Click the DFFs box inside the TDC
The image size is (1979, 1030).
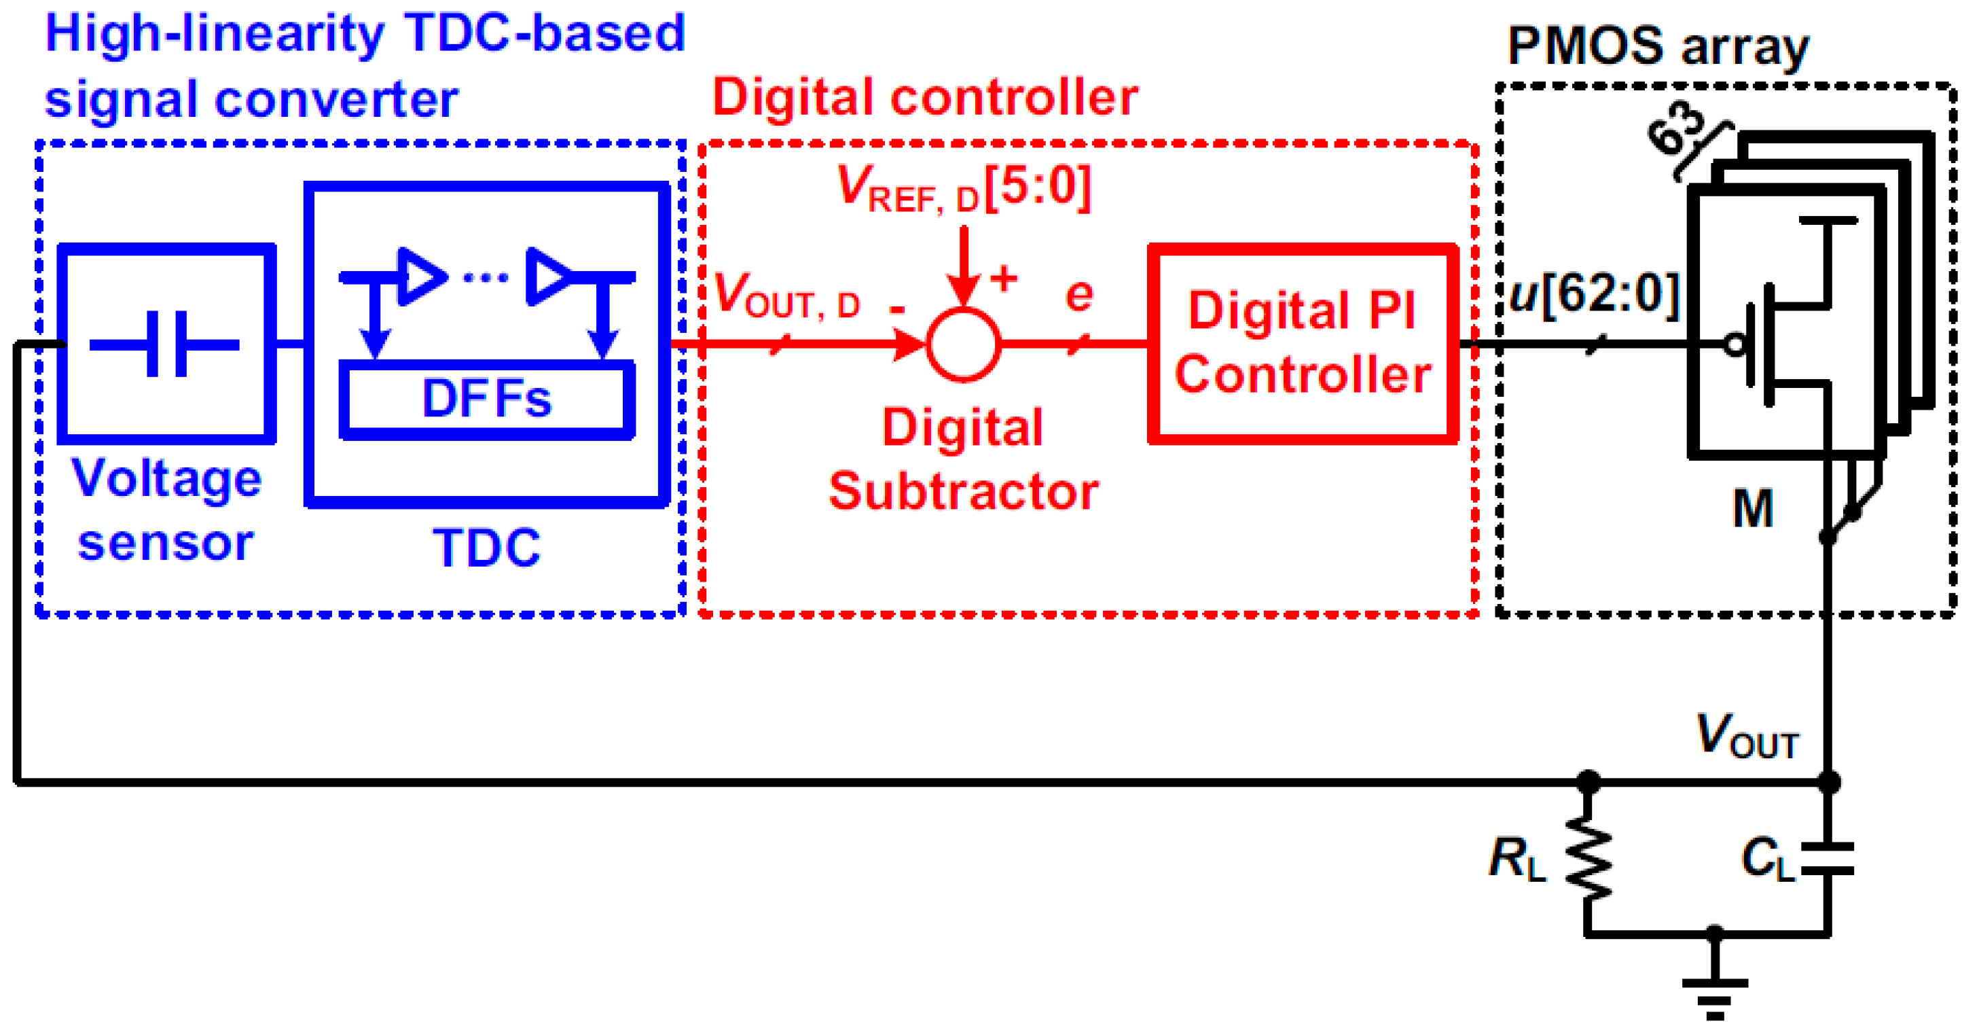pos(486,398)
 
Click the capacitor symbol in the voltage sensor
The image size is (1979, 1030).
pos(166,344)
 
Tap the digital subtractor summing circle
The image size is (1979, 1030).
pos(964,344)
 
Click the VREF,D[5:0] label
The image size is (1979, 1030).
pos(964,188)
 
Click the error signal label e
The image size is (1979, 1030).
pos(1078,295)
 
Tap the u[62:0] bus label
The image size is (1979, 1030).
pos(1594,294)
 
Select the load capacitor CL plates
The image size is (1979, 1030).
pos(1828,859)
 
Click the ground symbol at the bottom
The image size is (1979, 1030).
pos(1715,996)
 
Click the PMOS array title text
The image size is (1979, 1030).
pos(1658,46)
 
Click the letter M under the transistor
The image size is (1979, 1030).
pos(1752,509)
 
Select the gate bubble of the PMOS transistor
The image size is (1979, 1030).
pos(1735,344)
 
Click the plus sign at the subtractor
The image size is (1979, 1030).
pos(1003,279)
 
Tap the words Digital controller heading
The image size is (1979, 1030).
pos(925,99)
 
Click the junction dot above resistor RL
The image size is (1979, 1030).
pos(1588,783)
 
